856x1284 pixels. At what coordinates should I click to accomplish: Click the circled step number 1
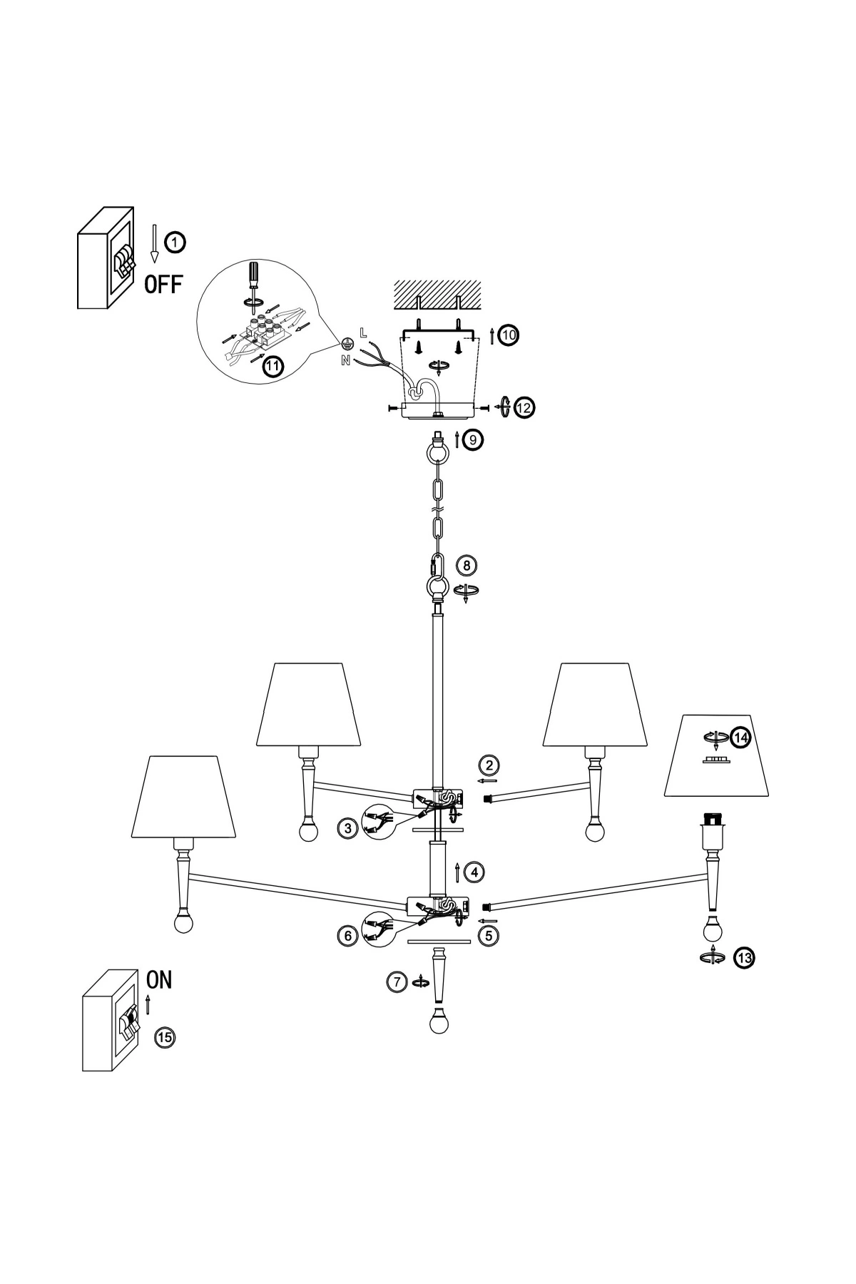(175, 243)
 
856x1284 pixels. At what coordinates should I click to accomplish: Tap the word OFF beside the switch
(163, 285)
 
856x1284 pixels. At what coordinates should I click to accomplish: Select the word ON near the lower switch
(159, 979)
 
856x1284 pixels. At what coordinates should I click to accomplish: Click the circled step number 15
(164, 1036)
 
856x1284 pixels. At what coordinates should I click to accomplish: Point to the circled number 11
(272, 366)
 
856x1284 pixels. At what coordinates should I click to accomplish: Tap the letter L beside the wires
(363, 332)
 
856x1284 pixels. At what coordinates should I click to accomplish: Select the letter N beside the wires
(346, 360)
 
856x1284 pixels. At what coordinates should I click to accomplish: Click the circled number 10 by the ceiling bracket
(509, 335)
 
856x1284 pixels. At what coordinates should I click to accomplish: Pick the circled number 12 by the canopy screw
(524, 407)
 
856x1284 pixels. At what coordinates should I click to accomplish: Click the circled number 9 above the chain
(472, 439)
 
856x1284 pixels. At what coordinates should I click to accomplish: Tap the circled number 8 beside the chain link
(467, 566)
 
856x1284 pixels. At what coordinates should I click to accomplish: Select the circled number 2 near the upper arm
(489, 765)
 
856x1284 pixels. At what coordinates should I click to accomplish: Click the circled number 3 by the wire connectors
(347, 828)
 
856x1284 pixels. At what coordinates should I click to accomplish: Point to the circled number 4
(474, 871)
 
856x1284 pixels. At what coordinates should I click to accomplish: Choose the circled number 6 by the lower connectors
(347, 935)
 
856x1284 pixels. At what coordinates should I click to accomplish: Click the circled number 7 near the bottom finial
(397, 982)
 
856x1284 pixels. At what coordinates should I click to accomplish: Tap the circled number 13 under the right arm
(744, 958)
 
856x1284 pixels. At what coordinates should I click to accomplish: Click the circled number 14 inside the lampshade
(741, 737)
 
